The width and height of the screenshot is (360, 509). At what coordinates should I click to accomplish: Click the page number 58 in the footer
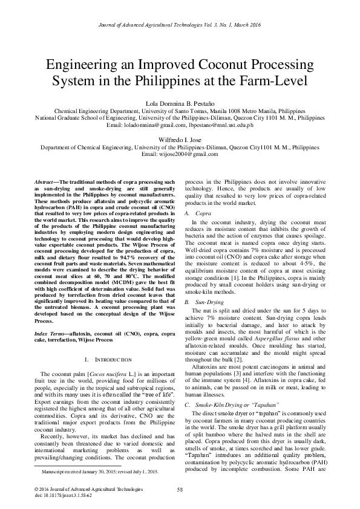pos(180,490)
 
